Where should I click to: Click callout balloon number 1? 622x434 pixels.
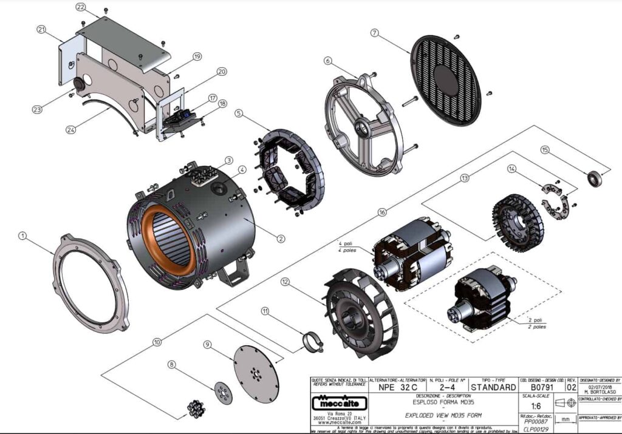[23, 236]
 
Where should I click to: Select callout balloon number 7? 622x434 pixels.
[375, 32]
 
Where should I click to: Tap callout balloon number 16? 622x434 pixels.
[381, 212]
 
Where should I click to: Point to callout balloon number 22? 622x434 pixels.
[80, 7]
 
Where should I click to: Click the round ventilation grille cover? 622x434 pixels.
[446, 80]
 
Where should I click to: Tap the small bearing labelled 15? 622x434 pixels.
[595, 178]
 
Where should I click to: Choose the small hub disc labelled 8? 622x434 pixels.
[223, 392]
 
